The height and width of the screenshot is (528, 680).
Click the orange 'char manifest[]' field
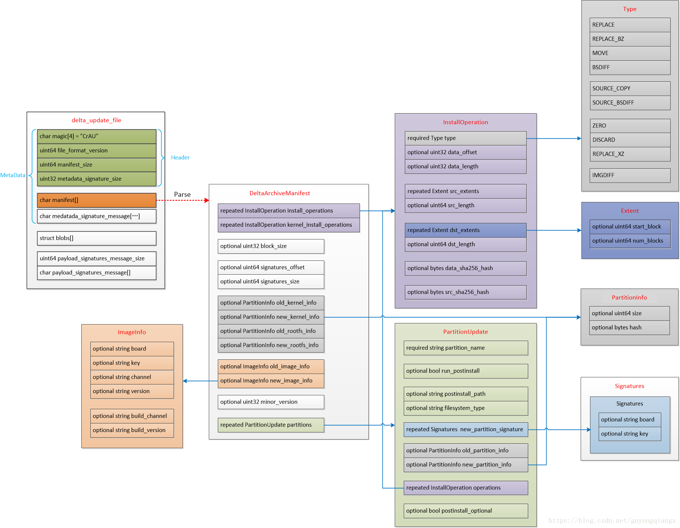click(x=96, y=200)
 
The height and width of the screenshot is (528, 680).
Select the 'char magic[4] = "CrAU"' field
click(x=96, y=136)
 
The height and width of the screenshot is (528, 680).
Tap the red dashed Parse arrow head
click(x=207, y=200)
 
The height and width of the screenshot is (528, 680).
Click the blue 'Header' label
click(x=180, y=157)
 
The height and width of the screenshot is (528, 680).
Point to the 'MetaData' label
click(x=13, y=175)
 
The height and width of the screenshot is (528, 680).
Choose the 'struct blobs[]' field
click(x=96, y=238)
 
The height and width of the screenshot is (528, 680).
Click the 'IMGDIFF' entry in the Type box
click(x=630, y=175)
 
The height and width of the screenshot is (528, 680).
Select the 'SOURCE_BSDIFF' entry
click(x=630, y=103)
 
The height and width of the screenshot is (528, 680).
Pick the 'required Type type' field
click(x=465, y=138)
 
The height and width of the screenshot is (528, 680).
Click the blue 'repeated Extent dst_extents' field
click(x=465, y=230)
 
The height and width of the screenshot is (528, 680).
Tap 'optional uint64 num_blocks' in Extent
click(x=629, y=241)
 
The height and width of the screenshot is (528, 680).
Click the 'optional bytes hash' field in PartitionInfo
click(x=629, y=328)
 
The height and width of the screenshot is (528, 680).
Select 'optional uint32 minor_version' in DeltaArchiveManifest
click(x=271, y=402)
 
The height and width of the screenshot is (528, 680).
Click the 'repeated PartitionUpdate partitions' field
click(x=271, y=425)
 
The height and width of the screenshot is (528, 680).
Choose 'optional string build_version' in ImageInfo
click(x=132, y=430)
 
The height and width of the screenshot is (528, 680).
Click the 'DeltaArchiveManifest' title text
click(x=280, y=193)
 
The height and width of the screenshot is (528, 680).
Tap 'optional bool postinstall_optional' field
click(x=465, y=511)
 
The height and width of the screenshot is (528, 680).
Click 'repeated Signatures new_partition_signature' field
click(x=465, y=429)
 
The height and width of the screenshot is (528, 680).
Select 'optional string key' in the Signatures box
click(x=629, y=434)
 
